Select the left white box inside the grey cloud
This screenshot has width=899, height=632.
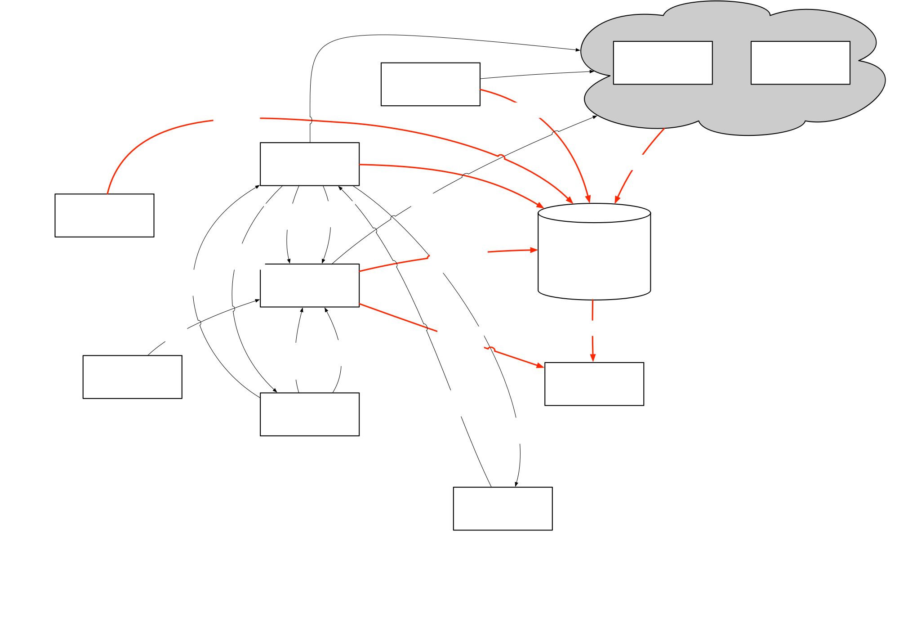(x=663, y=63)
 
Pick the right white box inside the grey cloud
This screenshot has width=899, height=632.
(x=800, y=63)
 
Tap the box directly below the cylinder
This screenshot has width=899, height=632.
(x=594, y=384)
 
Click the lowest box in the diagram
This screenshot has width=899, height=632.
(x=503, y=508)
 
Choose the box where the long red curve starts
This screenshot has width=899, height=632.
(x=104, y=215)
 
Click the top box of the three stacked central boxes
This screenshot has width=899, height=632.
(x=309, y=164)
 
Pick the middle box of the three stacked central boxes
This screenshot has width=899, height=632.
(x=309, y=285)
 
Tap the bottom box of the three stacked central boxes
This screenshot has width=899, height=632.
(x=309, y=414)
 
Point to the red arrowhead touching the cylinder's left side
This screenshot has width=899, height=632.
(x=534, y=250)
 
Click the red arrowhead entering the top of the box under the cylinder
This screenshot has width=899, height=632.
(x=593, y=358)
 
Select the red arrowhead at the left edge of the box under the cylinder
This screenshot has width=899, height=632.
(x=540, y=366)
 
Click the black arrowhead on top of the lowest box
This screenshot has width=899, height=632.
(x=516, y=484)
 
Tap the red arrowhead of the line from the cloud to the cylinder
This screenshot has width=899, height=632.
(x=617, y=200)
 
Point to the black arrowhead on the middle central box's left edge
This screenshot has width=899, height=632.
(x=257, y=300)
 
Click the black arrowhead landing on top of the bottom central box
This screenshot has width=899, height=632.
(x=274, y=390)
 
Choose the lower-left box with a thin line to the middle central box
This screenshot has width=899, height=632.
(x=132, y=377)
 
